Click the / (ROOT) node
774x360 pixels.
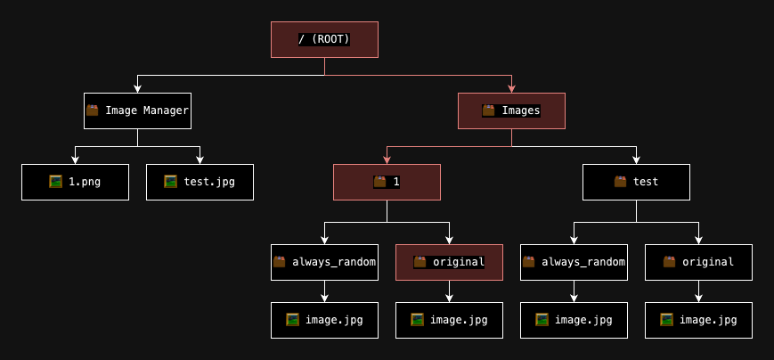coord(324,39)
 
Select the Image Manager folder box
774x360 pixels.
coord(137,110)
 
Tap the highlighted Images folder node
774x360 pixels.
coord(511,110)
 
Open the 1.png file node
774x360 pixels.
coord(75,182)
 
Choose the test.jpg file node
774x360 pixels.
coord(200,182)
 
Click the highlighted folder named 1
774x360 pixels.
coord(387,182)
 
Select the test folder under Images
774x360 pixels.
coord(636,182)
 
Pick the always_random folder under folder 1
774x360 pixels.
coord(324,262)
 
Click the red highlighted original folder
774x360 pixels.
coord(449,262)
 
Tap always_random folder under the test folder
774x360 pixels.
coord(574,262)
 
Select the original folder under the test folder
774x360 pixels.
coord(698,262)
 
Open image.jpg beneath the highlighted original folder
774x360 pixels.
coord(449,320)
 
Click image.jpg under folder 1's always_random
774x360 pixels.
coord(324,320)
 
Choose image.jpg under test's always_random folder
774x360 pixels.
coord(574,320)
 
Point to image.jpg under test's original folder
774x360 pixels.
coord(698,320)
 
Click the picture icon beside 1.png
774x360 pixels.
coord(56,182)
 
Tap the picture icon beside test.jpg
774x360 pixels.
coord(170,182)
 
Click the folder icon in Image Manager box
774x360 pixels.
coord(93,110)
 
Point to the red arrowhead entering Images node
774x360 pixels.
coord(511,88)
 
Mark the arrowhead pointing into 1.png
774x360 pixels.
coord(75,160)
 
